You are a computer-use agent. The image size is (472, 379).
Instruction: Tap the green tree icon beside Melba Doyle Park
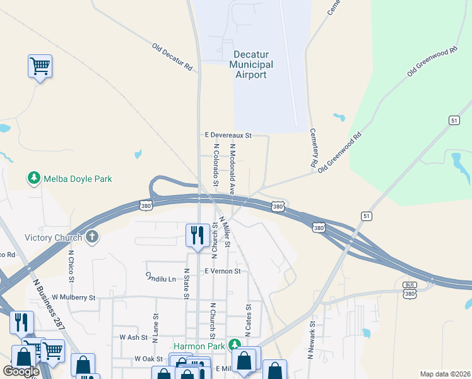tap(33, 179)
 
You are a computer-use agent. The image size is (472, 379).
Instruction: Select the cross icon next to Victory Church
tap(92, 238)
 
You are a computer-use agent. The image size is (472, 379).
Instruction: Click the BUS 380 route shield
tap(410, 290)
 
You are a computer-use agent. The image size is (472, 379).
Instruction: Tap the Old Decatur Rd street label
tap(172, 56)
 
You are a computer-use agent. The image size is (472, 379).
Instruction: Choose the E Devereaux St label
tap(228, 135)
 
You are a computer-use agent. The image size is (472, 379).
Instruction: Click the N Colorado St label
tap(216, 164)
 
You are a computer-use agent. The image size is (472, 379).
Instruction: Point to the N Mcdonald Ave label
tap(232, 167)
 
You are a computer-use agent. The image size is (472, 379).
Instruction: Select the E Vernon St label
tap(223, 271)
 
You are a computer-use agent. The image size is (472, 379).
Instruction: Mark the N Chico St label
tap(71, 265)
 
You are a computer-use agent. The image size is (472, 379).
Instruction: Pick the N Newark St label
tap(311, 339)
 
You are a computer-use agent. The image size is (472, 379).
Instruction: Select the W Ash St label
tap(133, 338)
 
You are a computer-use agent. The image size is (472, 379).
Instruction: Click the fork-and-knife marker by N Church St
tap(198, 236)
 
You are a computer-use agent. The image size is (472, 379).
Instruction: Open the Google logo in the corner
tap(21, 371)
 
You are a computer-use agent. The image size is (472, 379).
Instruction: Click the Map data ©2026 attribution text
tap(445, 374)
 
